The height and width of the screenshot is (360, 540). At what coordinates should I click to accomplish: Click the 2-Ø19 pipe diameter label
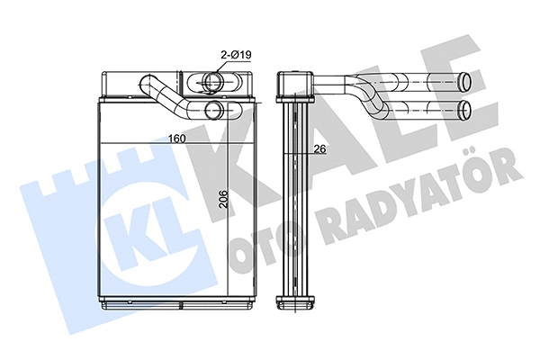[235, 56]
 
